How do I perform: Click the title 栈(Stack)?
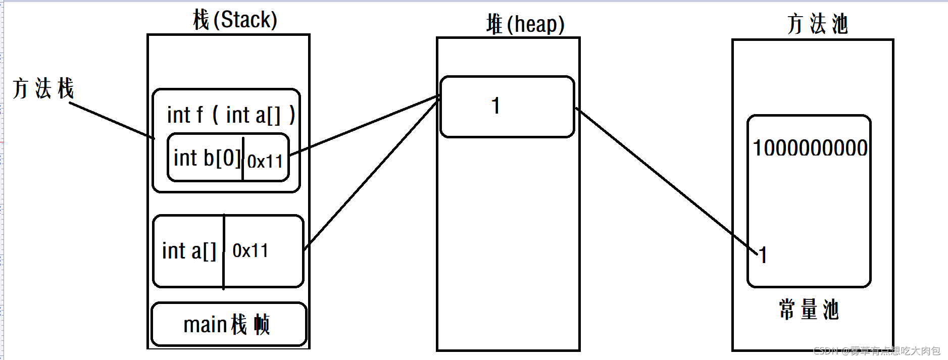[235, 20]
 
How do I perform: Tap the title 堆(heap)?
[525, 24]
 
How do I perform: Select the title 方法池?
[817, 24]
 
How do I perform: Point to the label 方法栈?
[43, 89]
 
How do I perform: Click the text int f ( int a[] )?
[231, 115]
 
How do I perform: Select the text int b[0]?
[207, 158]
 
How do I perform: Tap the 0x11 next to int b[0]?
[265, 162]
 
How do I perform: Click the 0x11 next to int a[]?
[251, 250]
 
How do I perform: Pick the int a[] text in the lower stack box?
[189, 251]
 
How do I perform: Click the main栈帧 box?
[228, 324]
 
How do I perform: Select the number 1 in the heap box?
[496, 106]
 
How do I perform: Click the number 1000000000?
[810, 148]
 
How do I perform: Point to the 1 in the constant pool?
[763, 255]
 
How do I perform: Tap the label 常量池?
[809, 310]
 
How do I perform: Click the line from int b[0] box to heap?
[364, 126]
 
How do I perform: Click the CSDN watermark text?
[877, 350]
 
